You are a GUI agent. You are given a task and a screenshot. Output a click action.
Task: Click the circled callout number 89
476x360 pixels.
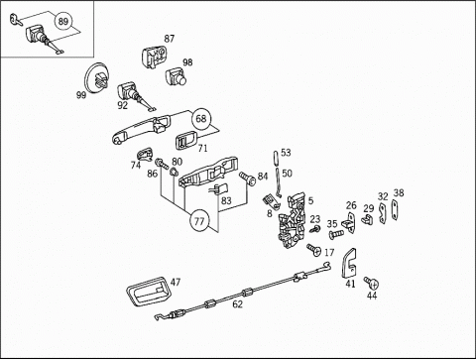(x=62, y=22)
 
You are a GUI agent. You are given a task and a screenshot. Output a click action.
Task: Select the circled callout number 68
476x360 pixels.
(x=201, y=118)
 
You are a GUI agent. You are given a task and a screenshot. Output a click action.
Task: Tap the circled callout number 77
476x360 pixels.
(x=199, y=221)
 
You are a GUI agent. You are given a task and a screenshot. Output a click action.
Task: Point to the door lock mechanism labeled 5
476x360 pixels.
(x=291, y=219)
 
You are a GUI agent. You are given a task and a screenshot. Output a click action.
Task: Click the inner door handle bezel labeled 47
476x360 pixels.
(x=148, y=291)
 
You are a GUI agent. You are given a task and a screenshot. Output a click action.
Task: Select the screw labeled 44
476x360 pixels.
(x=372, y=283)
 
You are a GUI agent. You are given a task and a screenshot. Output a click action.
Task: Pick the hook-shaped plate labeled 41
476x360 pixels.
(x=348, y=264)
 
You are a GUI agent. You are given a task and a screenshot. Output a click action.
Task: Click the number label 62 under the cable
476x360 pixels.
(x=237, y=304)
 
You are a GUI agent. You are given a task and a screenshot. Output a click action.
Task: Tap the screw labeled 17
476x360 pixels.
(x=314, y=250)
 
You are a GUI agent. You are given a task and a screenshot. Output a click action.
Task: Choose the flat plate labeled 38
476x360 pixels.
(x=395, y=209)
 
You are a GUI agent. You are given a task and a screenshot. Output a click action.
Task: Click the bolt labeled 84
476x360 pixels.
(x=248, y=179)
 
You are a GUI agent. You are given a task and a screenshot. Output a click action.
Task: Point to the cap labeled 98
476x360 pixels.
(x=176, y=76)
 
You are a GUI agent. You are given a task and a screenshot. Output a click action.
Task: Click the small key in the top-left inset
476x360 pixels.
(x=15, y=19)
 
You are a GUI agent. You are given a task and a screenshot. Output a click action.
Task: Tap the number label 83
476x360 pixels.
(x=226, y=200)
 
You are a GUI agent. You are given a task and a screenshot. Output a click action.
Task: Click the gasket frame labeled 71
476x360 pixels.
(x=185, y=140)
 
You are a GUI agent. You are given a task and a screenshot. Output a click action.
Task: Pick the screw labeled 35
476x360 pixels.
(x=336, y=234)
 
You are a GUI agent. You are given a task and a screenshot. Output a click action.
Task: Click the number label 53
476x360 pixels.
(x=286, y=153)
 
